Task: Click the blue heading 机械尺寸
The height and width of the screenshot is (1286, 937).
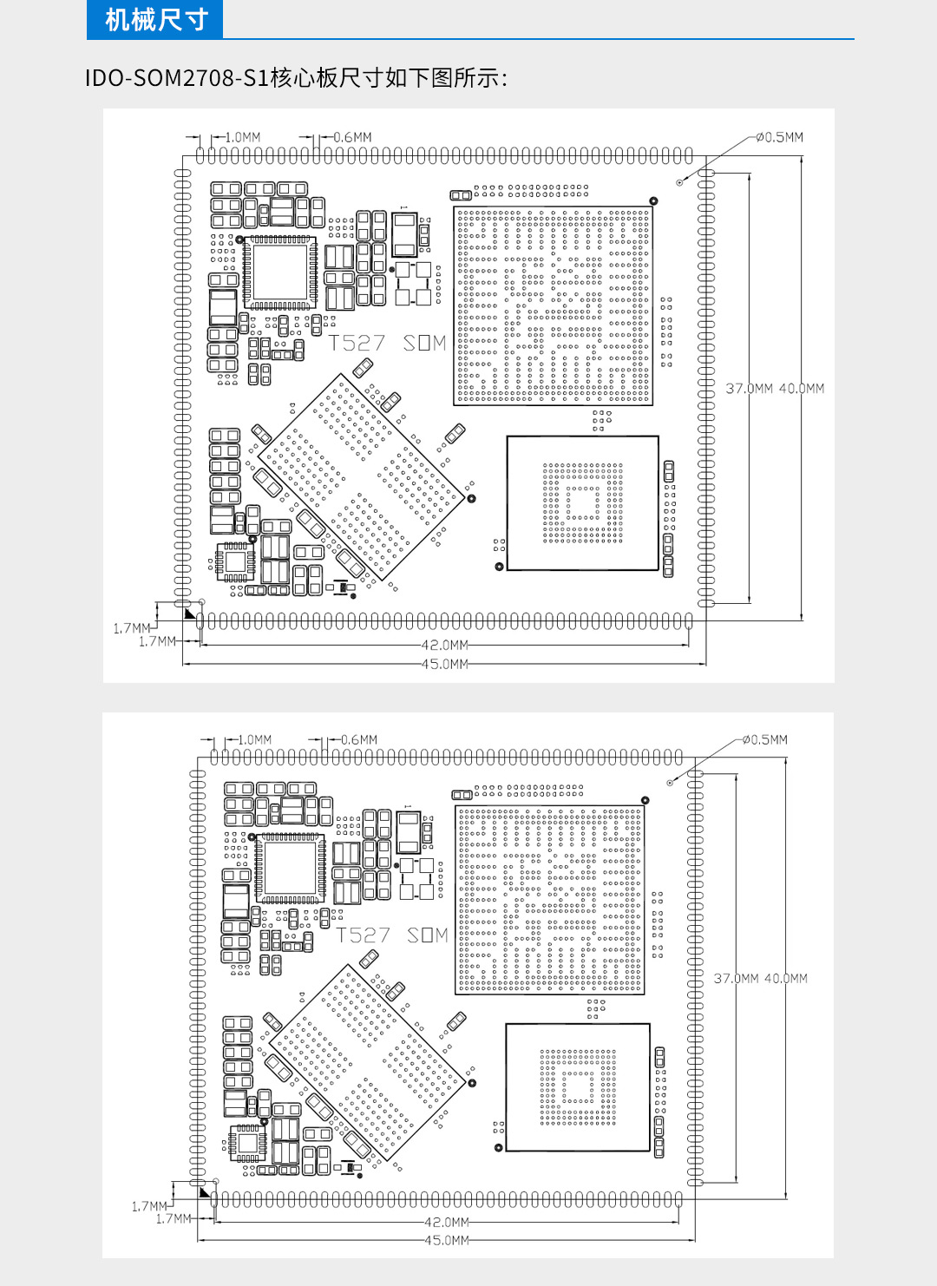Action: pyautogui.click(x=156, y=20)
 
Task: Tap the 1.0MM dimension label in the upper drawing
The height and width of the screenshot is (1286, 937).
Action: pyautogui.click(x=242, y=137)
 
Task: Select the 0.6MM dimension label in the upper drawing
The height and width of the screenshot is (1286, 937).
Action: pyautogui.click(x=352, y=137)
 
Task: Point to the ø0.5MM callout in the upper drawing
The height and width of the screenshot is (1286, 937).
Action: pyautogui.click(x=779, y=137)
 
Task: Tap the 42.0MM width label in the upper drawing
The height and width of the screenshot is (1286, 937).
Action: pyautogui.click(x=445, y=646)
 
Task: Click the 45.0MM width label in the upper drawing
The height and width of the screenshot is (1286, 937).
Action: pyautogui.click(x=445, y=664)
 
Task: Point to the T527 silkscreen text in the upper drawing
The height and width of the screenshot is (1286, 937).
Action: pyautogui.click(x=356, y=344)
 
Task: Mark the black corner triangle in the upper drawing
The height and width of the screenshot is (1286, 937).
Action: pyautogui.click(x=189, y=613)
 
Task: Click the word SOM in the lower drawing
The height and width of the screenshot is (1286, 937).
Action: pyautogui.click(x=427, y=935)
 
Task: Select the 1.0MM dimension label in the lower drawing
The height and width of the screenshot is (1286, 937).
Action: pyautogui.click(x=254, y=740)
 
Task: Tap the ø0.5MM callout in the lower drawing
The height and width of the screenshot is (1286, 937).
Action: pyautogui.click(x=764, y=740)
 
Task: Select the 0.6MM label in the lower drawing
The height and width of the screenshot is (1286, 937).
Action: pyautogui.click(x=359, y=740)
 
